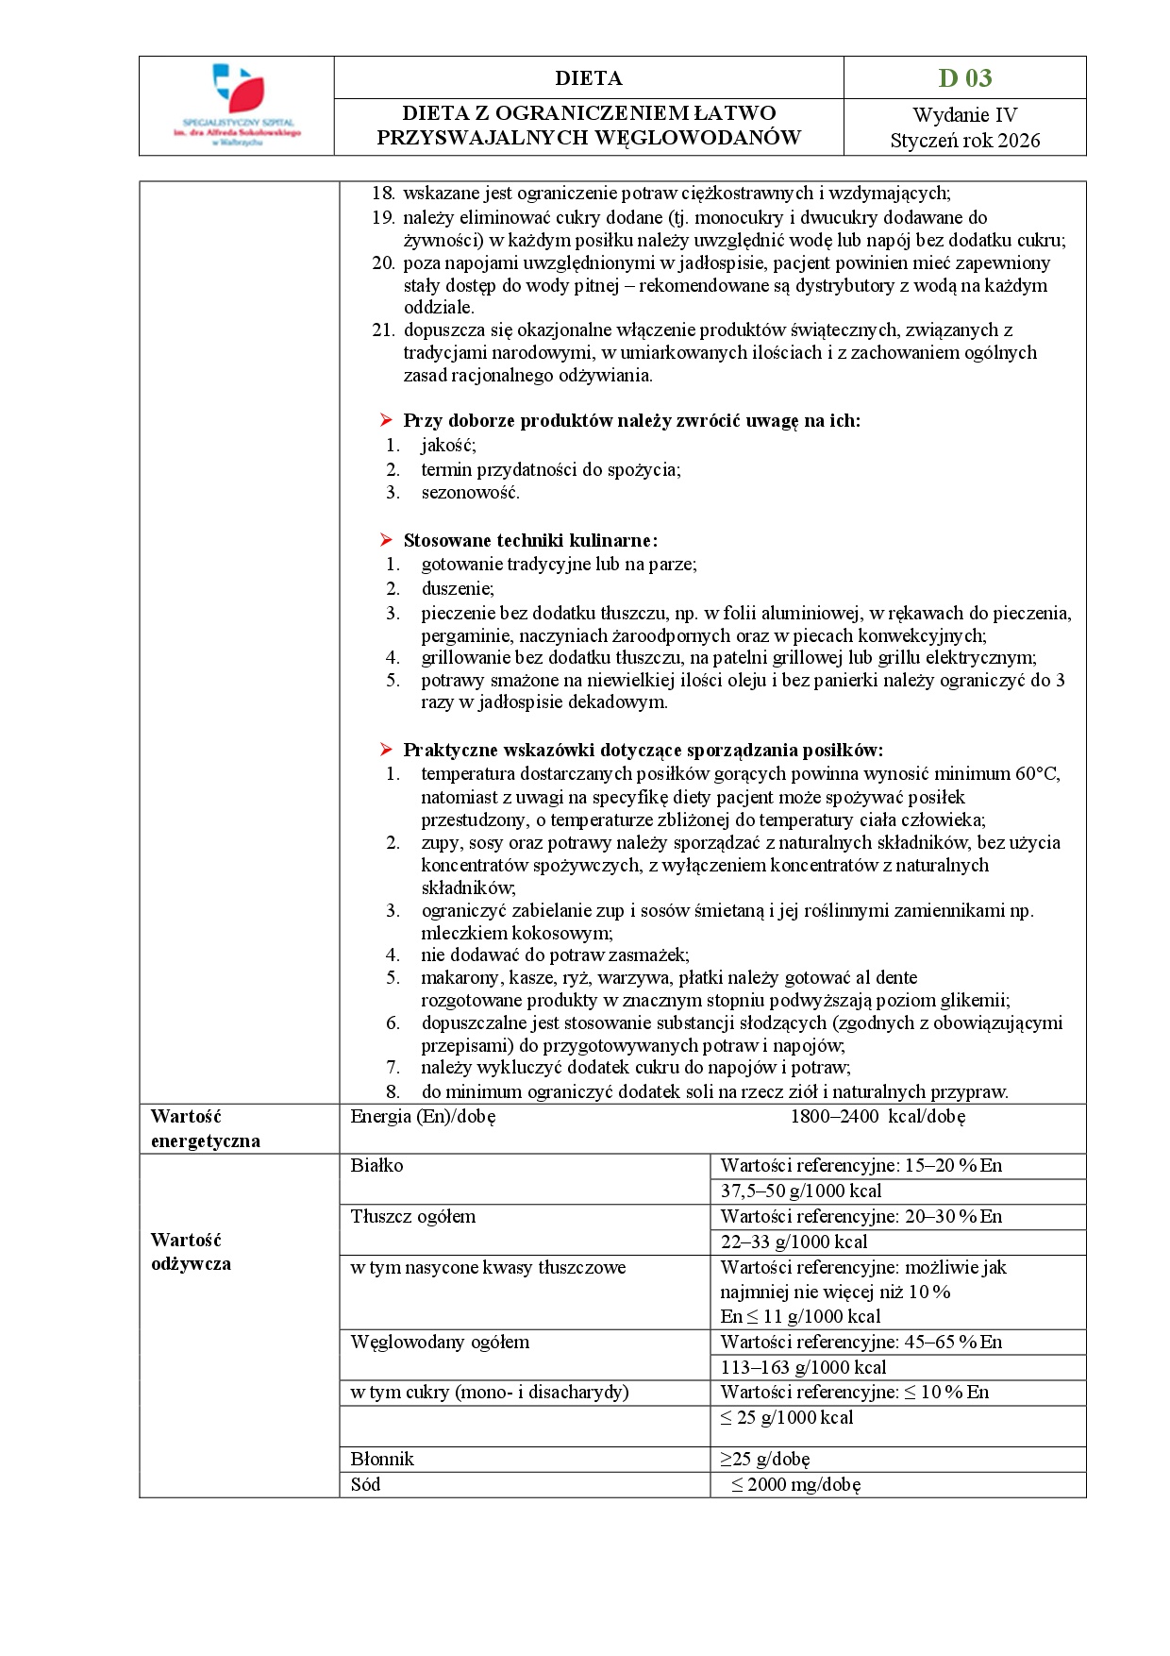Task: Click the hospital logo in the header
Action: point(237,105)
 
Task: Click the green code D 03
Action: point(964,77)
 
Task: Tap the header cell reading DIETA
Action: point(588,77)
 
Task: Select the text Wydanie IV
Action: point(964,115)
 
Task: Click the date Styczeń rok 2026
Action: point(964,141)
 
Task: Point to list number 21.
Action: point(382,330)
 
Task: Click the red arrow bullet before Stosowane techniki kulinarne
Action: point(386,540)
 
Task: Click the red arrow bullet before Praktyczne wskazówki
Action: point(386,750)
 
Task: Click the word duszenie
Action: point(457,588)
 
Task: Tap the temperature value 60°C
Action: point(1036,774)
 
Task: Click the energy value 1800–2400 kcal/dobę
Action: point(877,1117)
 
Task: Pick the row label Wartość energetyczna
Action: point(205,1128)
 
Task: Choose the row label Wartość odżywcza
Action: point(191,1252)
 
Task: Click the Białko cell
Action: point(376,1166)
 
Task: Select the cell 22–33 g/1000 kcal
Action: point(794,1242)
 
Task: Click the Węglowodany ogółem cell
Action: point(440,1343)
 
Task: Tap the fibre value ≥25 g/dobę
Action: point(765,1460)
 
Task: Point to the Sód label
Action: point(365,1485)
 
